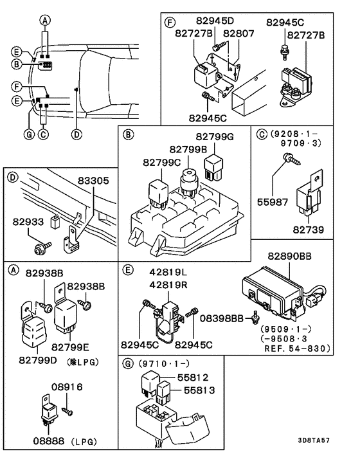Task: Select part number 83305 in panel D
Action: coord(94,181)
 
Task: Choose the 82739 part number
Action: coord(309,229)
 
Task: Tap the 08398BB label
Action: coord(223,316)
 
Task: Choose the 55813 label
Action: coord(199,390)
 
